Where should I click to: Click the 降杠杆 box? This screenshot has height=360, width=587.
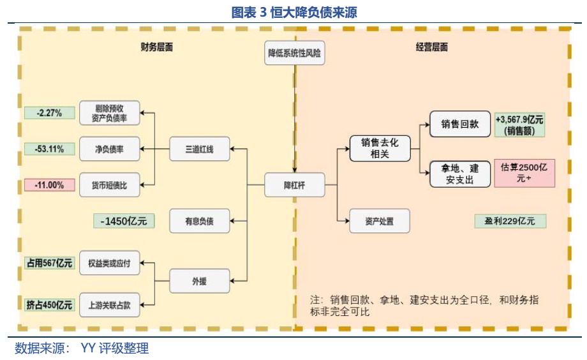pyautogui.click(x=294, y=185)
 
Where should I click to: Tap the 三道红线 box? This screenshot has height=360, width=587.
pyautogui.click(x=199, y=149)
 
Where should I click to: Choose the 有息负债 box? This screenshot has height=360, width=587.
pyautogui.click(x=199, y=221)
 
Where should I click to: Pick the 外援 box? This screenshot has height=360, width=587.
pyautogui.click(x=199, y=280)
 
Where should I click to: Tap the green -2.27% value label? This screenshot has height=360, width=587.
pyautogui.click(x=49, y=113)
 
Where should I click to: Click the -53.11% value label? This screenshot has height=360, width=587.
pyautogui.click(x=49, y=149)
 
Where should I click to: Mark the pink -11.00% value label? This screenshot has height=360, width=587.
pyautogui.click(x=49, y=185)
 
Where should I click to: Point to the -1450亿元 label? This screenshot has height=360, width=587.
pyautogui.click(x=123, y=221)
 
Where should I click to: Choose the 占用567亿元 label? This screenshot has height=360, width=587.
pyautogui.click(x=49, y=262)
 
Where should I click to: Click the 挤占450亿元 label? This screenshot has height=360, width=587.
pyautogui.click(x=49, y=304)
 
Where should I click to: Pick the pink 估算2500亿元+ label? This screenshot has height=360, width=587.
pyautogui.click(x=524, y=173)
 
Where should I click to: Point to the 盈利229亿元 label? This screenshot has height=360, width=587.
pyautogui.click(x=510, y=221)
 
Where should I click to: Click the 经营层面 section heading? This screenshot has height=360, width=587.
pyautogui.click(x=431, y=47)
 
